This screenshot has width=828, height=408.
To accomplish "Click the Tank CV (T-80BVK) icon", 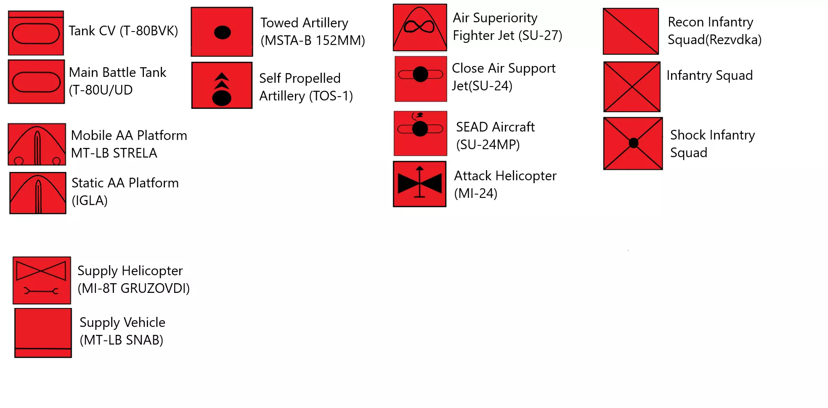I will click(x=36, y=33).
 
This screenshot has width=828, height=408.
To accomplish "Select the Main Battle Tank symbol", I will click(x=36, y=82).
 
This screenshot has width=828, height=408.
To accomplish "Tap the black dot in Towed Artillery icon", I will click(x=222, y=32).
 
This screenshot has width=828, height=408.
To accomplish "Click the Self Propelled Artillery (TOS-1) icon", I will click(x=222, y=85).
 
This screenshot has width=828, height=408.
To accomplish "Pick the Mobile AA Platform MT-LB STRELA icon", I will click(x=37, y=144).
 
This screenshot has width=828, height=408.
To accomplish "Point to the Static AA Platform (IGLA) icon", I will click(x=38, y=193).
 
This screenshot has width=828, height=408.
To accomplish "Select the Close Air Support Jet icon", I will click(x=421, y=79).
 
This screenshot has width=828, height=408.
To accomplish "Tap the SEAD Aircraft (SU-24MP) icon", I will click(x=420, y=133).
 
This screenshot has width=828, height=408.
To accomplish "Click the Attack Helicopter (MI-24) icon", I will click(x=419, y=184).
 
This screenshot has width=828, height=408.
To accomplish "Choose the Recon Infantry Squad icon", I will click(x=631, y=32).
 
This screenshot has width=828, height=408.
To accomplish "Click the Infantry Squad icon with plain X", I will click(x=632, y=87).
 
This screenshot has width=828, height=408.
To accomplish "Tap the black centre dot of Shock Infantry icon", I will click(x=634, y=143).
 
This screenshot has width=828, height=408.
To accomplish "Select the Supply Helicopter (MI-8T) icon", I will click(x=42, y=280).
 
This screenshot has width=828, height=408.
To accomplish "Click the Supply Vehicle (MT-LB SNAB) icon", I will click(x=43, y=333).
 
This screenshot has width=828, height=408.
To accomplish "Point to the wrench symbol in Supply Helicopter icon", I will click(x=41, y=291).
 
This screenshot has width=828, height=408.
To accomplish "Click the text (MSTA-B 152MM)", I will click(x=313, y=40).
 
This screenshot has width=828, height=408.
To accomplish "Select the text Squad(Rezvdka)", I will click(x=714, y=39).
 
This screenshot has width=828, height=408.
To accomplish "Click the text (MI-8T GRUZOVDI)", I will click(x=134, y=288).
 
